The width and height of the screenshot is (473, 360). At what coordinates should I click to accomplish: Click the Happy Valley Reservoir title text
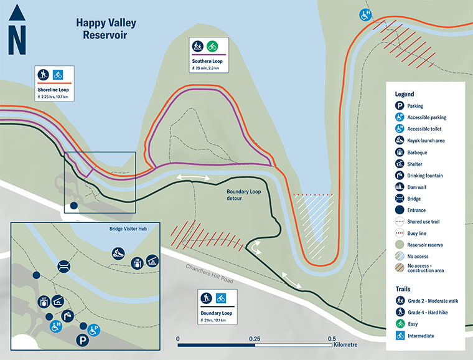[x=106, y=29]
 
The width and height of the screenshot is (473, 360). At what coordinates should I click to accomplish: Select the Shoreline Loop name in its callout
[x=53, y=90]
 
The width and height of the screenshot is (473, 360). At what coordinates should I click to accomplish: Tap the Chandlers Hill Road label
[x=210, y=274]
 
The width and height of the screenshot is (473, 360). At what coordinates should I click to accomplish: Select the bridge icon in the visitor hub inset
[x=63, y=267]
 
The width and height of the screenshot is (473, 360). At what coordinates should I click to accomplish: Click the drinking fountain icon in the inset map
[x=69, y=316]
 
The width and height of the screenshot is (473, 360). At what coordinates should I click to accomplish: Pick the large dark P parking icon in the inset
[x=83, y=341]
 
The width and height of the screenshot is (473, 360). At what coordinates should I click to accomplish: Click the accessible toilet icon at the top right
[x=365, y=14]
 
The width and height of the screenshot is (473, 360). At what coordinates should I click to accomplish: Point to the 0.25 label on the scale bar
[x=255, y=339]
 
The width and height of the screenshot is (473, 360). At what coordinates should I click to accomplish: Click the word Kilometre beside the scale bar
[x=345, y=344]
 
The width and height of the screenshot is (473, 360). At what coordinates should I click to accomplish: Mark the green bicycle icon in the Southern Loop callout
[x=212, y=45]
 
